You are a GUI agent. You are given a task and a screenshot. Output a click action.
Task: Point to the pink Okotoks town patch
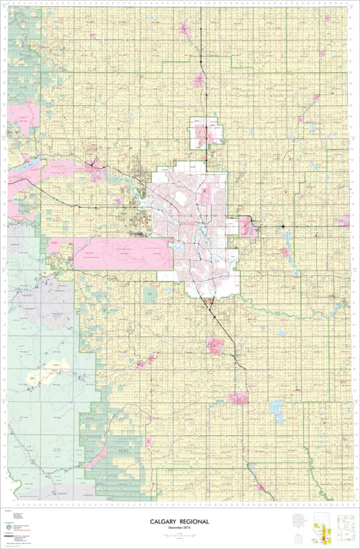218,346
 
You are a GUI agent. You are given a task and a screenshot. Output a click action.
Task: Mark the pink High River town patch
238,398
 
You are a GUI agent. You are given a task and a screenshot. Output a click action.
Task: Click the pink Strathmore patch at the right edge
343,221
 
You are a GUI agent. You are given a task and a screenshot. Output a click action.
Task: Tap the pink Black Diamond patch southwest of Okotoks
143,362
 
